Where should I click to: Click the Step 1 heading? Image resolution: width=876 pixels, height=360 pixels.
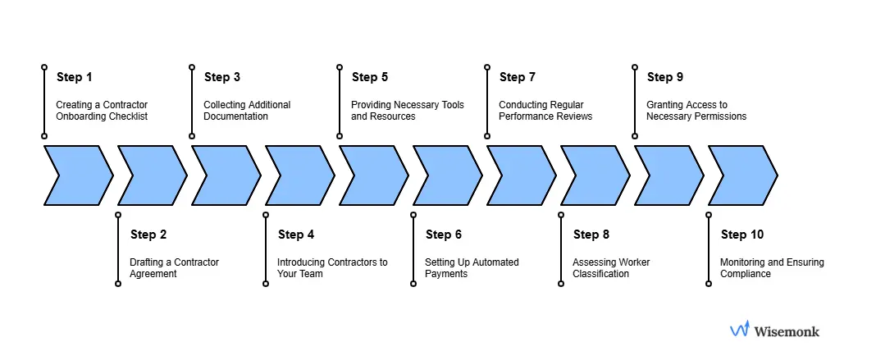click(74, 77)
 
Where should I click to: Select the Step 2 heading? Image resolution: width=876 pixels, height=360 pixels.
click(148, 235)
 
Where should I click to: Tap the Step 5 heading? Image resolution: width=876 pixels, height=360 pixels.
click(370, 77)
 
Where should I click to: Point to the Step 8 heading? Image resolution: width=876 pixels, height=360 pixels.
click(591, 235)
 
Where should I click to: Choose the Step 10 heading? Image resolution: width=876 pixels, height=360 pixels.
click(741, 235)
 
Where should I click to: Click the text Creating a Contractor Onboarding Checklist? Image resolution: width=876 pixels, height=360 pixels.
click(101, 111)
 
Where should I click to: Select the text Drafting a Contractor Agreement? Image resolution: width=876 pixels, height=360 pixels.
click(174, 268)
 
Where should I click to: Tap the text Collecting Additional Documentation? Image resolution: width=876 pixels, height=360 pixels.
click(247, 111)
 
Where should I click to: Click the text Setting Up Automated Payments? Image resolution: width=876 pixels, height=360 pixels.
click(472, 268)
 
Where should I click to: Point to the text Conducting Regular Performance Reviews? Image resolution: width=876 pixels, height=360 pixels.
click(545, 111)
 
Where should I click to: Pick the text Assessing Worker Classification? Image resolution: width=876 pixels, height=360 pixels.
click(611, 268)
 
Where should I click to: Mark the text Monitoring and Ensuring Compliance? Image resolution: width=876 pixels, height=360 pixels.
click(772, 268)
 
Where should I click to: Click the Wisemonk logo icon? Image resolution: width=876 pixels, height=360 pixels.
click(740, 330)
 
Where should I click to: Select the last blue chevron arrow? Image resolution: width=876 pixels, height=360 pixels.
click(742, 175)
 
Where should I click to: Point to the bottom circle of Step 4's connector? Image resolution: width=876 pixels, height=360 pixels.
click(266, 284)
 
